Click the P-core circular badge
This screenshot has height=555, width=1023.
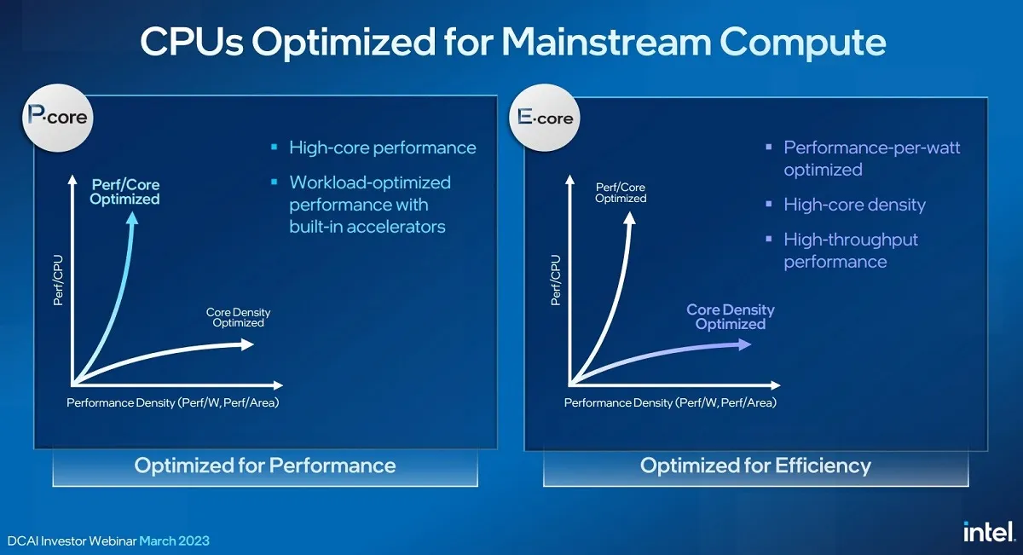click(58, 118)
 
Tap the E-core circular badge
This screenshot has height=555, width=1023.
click(545, 118)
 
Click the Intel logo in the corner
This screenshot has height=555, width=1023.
click(989, 532)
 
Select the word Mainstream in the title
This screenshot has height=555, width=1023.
click(606, 42)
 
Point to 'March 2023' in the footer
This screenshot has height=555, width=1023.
click(174, 541)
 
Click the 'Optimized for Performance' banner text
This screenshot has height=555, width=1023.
click(265, 465)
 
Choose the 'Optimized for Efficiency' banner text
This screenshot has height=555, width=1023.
click(755, 465)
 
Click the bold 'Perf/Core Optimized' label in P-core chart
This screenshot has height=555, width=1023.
click(124, 192)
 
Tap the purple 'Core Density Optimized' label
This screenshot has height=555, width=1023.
click(731, 316)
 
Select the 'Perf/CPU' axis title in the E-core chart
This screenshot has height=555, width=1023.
click(555, 280)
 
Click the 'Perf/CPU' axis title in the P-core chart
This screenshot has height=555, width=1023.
click(58, 280)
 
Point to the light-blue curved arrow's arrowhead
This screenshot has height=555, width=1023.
click(132, 218)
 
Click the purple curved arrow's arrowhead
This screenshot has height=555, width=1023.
click(745, 344)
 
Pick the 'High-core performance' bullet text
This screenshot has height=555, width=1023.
click(383, 147)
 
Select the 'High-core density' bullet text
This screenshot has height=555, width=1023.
click(854, 205)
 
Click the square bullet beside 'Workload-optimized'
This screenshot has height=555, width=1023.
click(274, 182)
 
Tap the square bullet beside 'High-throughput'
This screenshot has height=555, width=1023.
click(769, 239)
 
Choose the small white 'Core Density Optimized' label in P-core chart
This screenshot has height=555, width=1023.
click(238, 317)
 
